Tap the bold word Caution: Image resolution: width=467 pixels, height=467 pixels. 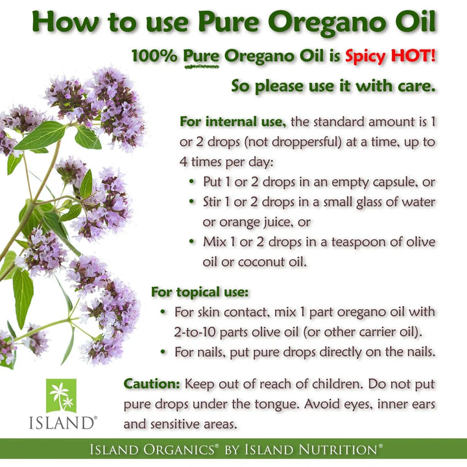(152, 383)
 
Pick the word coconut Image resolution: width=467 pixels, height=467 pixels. (261, 261)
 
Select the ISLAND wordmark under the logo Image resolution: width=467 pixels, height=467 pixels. (61, 423)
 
